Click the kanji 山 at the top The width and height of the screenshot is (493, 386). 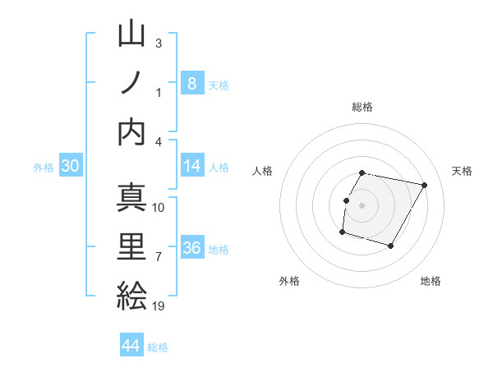click(x=132, y=35)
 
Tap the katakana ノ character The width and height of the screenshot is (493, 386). click(x=132, y=84)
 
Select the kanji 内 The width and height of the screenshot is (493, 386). click(x=132, y=132)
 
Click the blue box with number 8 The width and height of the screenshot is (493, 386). click(x=191, y=83)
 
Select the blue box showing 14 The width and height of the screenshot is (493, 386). click(x=191, y=166)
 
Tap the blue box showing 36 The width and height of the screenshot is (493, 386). click(x=191, y=248)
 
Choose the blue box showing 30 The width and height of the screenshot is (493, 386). click(x=71, y=166)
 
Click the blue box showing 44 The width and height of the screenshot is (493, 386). click(x=131, y=346)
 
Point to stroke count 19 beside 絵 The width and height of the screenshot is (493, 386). click(x=159, y=307)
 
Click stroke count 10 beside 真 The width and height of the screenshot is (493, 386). click(x=159, y=207)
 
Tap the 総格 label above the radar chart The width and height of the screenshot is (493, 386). click(x=362, y=107)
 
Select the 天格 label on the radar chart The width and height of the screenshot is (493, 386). click(x=462, y=171)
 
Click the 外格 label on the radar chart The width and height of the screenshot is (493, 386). click(x=289, y=281)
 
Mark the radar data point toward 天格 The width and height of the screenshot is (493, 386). click(x=424, y=186)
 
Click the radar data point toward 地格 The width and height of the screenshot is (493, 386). click(x=390, y=246)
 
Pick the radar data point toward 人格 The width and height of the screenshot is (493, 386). click(x=346, y=201)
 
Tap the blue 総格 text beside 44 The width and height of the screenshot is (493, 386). click(x=158, y=347)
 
